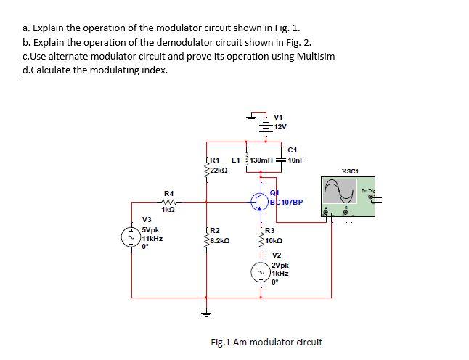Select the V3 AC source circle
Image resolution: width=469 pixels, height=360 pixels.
coord(131,237)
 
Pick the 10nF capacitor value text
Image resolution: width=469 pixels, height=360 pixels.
coord(295,159)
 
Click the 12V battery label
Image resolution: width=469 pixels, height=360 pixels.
coord(281,126)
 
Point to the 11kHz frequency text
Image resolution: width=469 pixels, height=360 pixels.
coord(152,237)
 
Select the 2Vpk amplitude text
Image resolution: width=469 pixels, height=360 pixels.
coord(280,266)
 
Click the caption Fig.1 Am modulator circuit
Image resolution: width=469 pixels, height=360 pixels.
coord(266,341)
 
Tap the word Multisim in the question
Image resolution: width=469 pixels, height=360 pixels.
coord(315,57)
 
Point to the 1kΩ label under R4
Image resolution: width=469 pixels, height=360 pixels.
coord(168,209)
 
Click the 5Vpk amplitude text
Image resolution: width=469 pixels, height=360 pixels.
coord(151,229)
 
